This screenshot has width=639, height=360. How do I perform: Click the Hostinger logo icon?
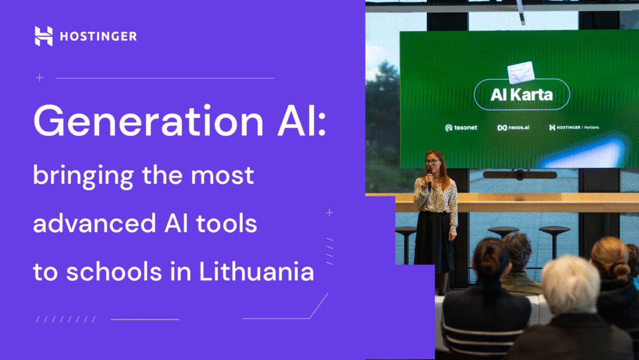point(44,36)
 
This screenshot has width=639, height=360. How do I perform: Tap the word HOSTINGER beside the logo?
point(98,37)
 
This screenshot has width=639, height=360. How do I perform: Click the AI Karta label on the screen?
point(522,96)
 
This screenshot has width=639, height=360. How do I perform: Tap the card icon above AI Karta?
point(520,73)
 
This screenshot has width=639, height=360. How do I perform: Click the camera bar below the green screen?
point(519,175)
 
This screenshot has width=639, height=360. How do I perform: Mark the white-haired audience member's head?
point(569,284)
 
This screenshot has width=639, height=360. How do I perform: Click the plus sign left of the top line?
point(40,78)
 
